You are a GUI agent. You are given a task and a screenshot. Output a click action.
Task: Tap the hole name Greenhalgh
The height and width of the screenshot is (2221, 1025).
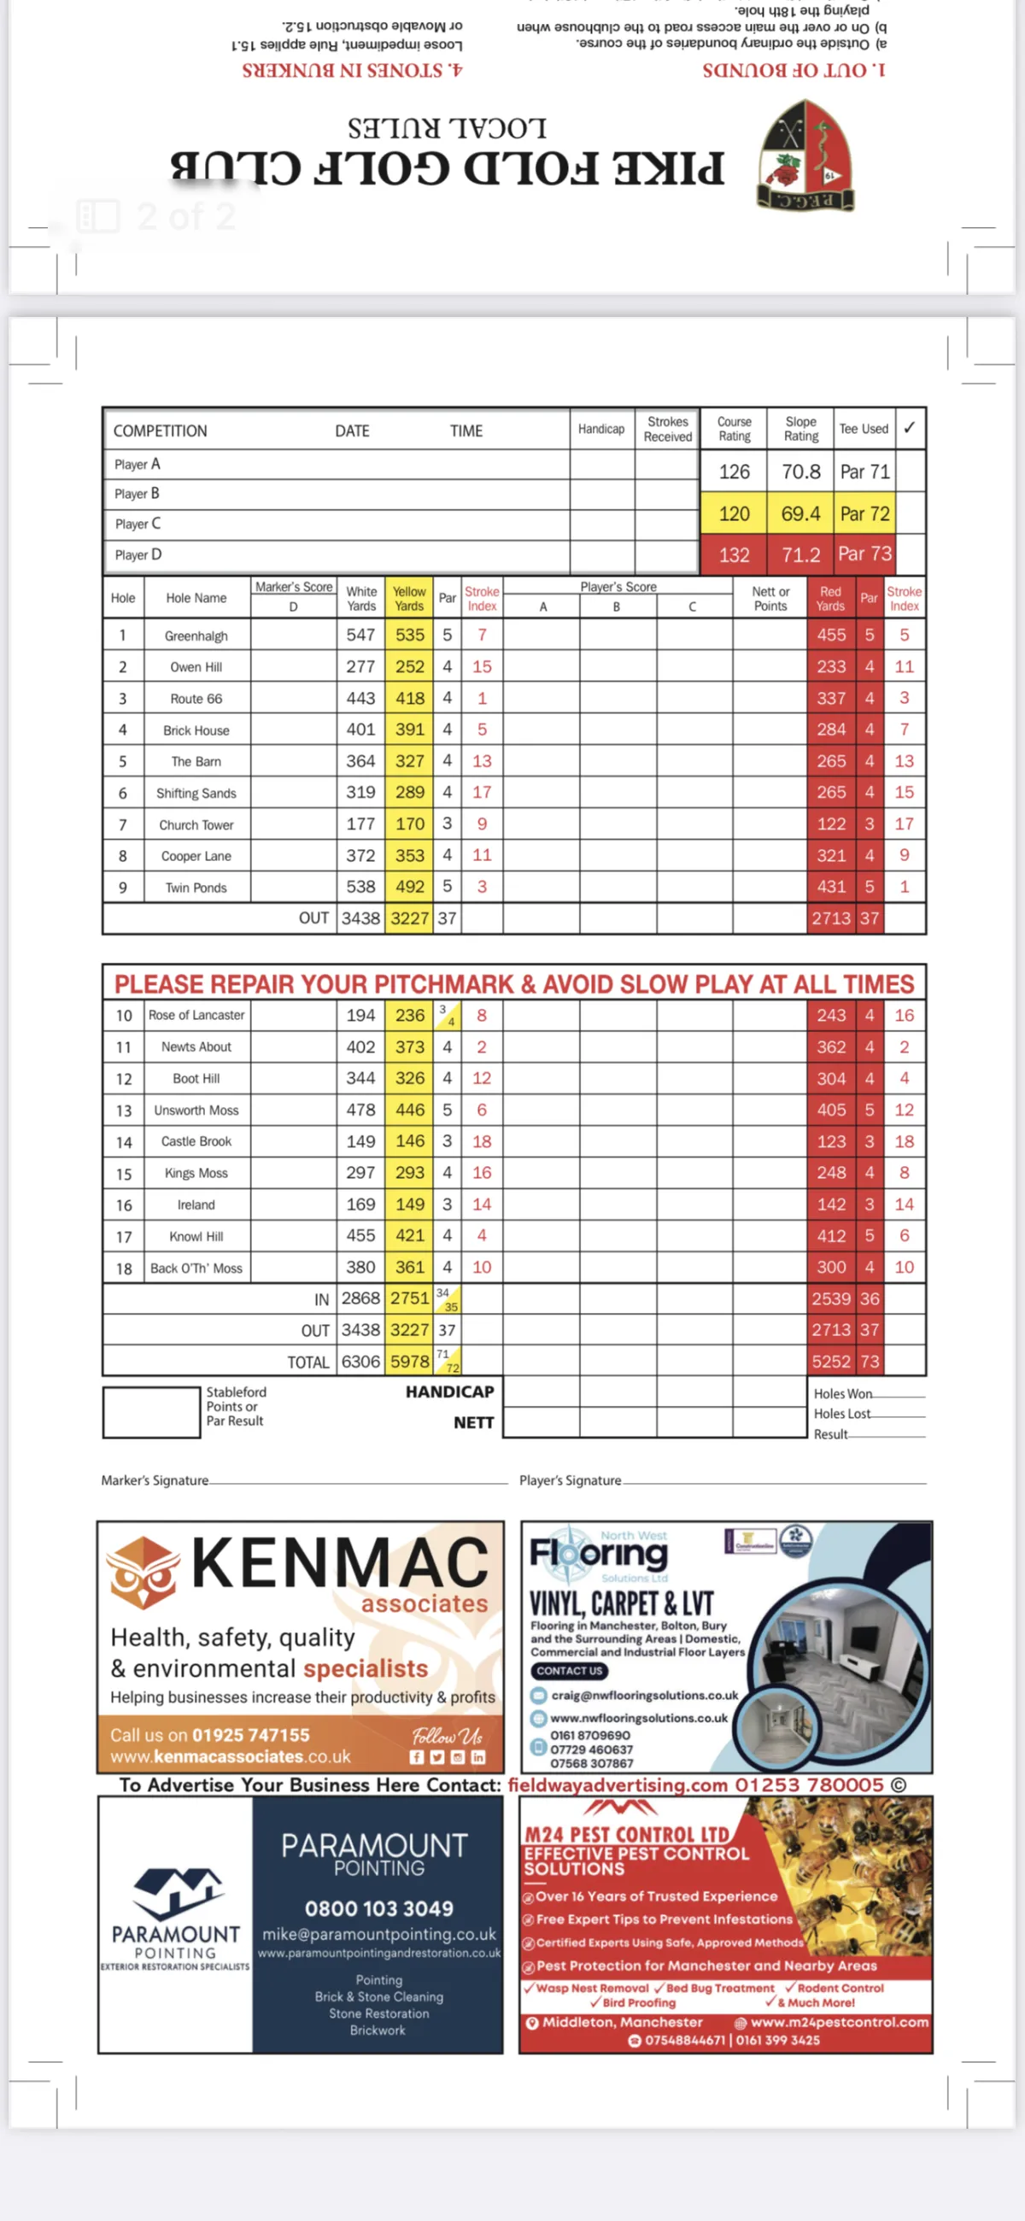coord(196,636)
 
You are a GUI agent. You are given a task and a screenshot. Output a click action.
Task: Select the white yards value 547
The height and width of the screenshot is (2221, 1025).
coord(360,636)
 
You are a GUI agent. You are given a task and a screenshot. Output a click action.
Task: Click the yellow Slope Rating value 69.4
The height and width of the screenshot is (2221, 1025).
coord(800,514)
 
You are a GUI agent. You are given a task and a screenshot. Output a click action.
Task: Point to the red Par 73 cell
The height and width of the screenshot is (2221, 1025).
coord(864,554)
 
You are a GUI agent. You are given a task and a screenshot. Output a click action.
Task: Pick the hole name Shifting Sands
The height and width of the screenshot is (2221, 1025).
coord(196,794)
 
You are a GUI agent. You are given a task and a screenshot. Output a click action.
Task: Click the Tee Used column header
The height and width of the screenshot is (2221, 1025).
coord(863,429)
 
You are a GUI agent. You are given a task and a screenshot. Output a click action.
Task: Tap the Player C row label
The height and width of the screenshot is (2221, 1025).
coord(138,524)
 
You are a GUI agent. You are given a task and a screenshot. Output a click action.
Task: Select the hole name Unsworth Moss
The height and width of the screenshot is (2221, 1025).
coord(196,1110)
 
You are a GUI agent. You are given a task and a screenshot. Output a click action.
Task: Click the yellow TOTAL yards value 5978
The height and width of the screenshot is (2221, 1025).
coord(409,1362)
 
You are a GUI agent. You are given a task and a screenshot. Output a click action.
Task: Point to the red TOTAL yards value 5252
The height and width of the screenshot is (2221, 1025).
coord(831,1362)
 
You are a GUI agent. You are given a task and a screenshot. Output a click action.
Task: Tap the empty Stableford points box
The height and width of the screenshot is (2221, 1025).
coord(151,1412)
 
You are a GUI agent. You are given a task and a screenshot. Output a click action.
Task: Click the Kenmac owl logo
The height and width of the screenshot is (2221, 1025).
coord(143,1572)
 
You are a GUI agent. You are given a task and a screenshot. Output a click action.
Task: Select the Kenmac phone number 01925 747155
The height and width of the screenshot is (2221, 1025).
coord(250,1735)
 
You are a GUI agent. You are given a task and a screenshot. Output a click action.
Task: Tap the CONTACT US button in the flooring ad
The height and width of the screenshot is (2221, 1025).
coord(569,1671)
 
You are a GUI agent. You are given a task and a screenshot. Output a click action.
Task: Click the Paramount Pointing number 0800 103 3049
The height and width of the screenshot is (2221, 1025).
coord(378,1908)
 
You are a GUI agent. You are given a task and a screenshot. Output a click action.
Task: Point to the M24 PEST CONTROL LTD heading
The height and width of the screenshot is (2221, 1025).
coord(627,1834)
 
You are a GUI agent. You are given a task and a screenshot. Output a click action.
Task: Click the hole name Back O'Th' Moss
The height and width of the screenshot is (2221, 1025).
coord(196,1269)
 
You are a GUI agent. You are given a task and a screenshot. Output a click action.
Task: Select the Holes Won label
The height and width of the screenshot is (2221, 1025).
coord(842,1393)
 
